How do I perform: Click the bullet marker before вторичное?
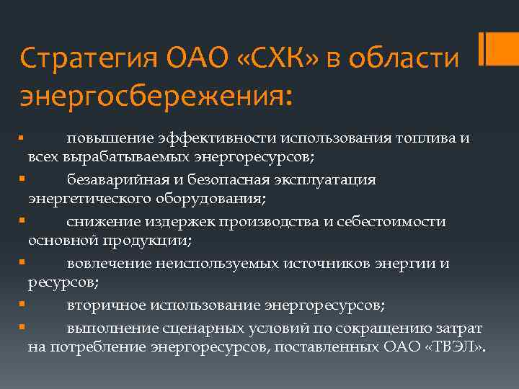(23, 305)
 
